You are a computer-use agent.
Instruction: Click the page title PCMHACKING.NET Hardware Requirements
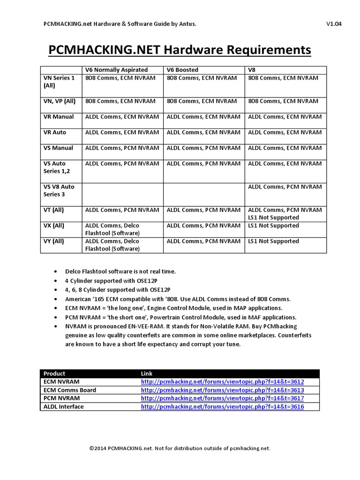point(180,50)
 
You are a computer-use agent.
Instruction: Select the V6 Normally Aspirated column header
point(116,70)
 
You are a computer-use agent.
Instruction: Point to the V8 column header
point(252,70)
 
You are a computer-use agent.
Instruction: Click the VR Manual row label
point(58,117)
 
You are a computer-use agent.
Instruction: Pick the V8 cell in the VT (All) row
point(285,214)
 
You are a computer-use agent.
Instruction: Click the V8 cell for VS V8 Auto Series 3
point(285,187)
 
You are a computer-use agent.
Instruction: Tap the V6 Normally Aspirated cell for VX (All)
point(112,229)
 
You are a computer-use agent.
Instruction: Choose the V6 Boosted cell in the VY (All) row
point(203,241)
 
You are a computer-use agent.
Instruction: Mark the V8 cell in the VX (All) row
point(273,225)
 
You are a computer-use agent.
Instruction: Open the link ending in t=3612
point(222,382)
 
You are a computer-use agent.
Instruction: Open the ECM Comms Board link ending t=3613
point(222,390)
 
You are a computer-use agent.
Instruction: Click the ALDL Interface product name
point(63,407)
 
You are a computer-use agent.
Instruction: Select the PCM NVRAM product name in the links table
point(60,398)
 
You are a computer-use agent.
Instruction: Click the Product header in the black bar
point(54,373)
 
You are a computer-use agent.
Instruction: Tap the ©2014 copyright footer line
point(180,448)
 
